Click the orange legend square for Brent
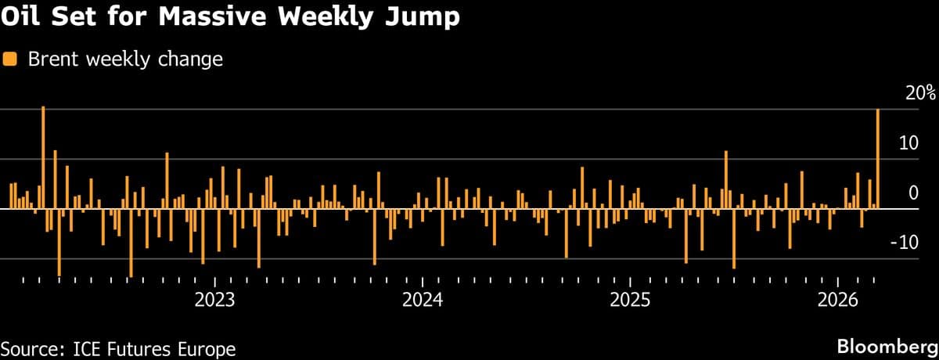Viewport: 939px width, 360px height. (x=10, y=59)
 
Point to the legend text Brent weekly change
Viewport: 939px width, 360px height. (x=125, y=59)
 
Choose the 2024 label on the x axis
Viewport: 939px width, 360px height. (x=423, y=301)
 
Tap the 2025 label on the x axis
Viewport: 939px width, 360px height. (x=630, y=301)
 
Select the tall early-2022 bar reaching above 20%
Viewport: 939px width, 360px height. (x=43, y=157)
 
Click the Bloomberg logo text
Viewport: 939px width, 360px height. (x=887, y=345)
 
